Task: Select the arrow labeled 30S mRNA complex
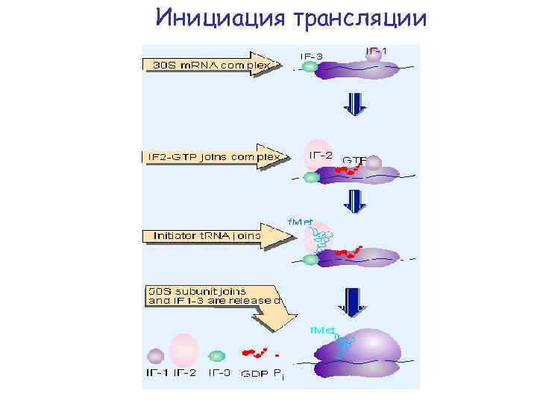pos(213,64)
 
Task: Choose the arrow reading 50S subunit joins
pos(216,301)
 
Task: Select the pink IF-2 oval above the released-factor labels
pos(183,351)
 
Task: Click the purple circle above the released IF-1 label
pos(155,356)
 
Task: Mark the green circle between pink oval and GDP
pos(217,356)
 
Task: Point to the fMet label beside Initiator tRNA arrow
pos(301,222)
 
